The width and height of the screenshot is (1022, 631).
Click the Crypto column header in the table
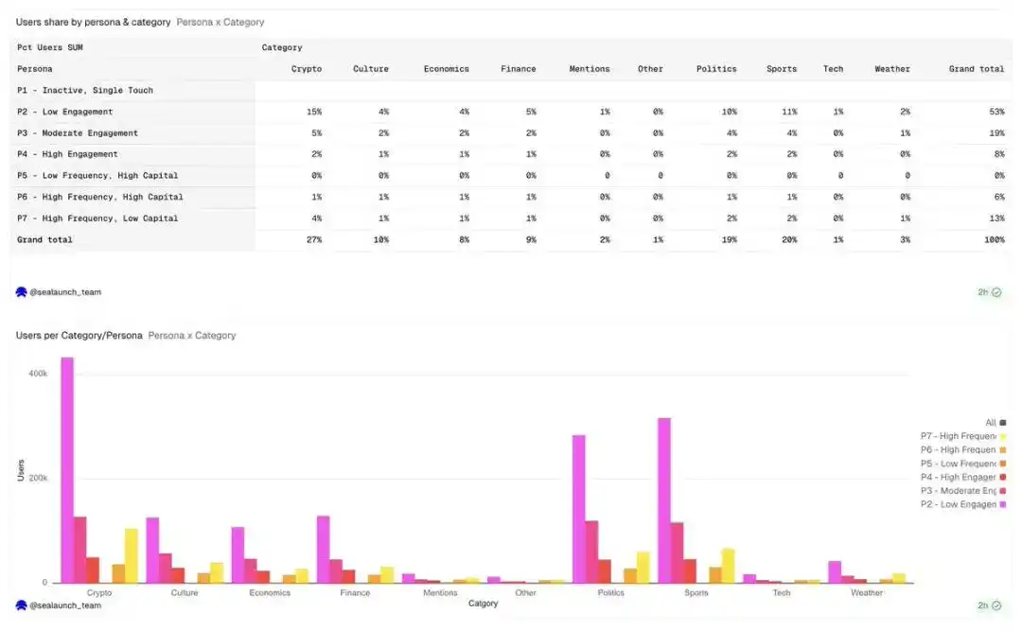point(306,69)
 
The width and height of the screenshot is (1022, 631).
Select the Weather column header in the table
point(891,69)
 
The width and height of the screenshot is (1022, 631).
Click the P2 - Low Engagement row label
point(64,112)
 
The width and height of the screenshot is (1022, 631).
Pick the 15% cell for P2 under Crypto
point(314,112)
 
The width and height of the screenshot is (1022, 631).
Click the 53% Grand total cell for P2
point(996,112)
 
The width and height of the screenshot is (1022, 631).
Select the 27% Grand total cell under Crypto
point(314,240)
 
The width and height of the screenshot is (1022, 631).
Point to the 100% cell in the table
point(994,240)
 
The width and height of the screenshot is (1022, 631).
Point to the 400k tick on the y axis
point(38,374)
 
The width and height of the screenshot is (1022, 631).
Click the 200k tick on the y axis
point(38,478)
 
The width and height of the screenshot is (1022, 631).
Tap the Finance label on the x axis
point(355,593)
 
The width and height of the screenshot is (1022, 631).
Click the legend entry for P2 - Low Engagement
point(958,504)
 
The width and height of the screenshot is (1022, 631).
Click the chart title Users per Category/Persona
point(79,335)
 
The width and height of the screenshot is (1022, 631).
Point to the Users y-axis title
point(21,470)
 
